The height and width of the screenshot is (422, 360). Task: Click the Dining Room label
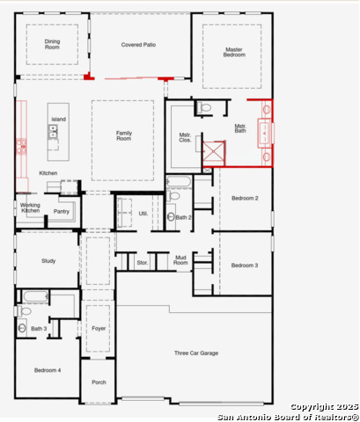[52, 44]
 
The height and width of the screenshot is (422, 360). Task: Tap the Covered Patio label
[138, 45]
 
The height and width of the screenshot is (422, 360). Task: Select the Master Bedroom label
[234, 52]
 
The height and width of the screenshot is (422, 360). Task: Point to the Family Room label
[124, 135]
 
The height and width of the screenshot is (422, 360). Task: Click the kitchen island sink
[53, 131]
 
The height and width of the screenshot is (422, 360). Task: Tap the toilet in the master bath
[204, 107]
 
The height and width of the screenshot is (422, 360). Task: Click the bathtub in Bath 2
[179, 182]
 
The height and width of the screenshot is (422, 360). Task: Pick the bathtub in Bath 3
[35, 296]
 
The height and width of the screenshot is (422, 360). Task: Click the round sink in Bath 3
[22, 328]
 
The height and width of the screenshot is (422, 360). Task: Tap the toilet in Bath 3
[24, 310]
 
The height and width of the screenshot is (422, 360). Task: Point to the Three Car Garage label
[196, 353]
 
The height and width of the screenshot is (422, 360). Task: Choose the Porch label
[99, 382]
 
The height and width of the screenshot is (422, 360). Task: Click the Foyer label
[99, 329]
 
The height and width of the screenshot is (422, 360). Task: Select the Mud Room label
[180, 260]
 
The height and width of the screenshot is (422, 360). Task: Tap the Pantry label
[62, 211]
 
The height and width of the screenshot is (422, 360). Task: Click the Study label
[48, 261]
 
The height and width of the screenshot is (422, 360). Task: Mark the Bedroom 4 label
[48, 370]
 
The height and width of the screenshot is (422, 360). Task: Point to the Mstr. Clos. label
[185, 137]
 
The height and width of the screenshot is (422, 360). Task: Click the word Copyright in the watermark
[312, 407]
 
